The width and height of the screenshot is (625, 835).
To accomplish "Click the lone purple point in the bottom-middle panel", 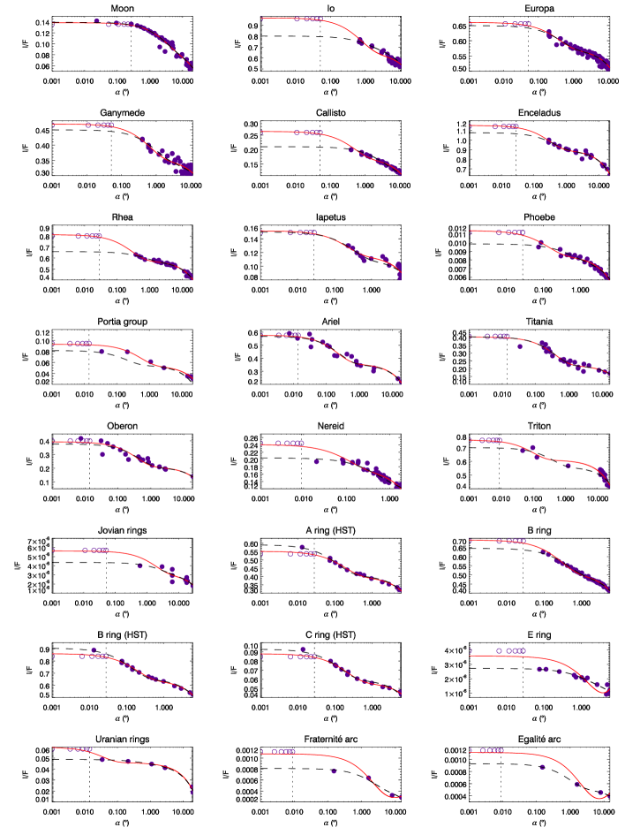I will click(x=334, y=770).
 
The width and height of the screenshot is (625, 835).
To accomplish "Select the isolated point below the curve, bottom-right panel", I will click(x=542, y=767).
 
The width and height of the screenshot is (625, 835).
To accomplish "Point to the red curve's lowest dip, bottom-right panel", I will click(x=599, y=798).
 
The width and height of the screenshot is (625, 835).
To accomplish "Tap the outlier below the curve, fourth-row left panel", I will click(x=102, y=352).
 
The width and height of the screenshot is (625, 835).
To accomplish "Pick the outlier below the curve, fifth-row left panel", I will click(x=103, y=454).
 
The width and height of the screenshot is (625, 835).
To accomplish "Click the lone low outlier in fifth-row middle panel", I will click(x=316, y=461).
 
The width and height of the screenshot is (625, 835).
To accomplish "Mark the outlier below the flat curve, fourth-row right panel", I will click(x=519, y=346).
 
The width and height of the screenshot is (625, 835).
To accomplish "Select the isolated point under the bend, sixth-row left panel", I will click(x=139, y=566).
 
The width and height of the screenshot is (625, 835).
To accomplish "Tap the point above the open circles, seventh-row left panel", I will click(x=94, y=649).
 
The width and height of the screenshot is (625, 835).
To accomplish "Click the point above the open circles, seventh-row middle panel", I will click(x=302, y=649).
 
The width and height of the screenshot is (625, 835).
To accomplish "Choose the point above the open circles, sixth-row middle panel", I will click(x=302, y=547).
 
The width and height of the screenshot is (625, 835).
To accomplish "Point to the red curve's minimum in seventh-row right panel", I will click(x=605, y=694).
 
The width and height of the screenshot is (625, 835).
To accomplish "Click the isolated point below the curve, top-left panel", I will click(x=160, y=48).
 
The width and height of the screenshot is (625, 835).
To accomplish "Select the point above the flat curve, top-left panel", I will click(x=96, y=20).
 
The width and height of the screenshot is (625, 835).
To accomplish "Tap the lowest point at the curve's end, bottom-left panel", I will click(x=191, y=791).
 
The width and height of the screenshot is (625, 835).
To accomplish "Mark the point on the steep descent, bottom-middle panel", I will click(x=369, y=778).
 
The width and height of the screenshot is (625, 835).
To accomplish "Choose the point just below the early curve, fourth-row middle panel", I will click(x=311, y=346).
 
